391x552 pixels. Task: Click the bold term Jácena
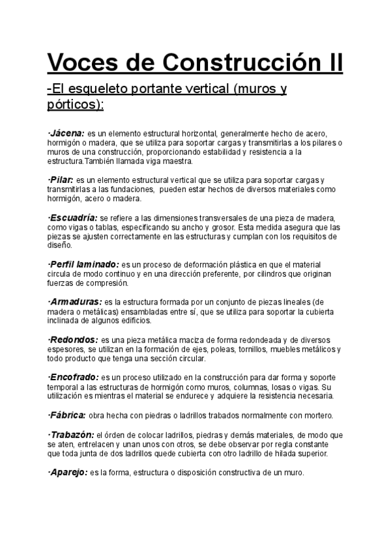coord(67,133)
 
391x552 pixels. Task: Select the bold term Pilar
coord(61,179)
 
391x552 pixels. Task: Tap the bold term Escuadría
coord(72,217)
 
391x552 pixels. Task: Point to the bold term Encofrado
coord(74,377)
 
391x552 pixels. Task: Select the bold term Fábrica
coord(68,415)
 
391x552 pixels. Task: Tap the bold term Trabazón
coord(71,434)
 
